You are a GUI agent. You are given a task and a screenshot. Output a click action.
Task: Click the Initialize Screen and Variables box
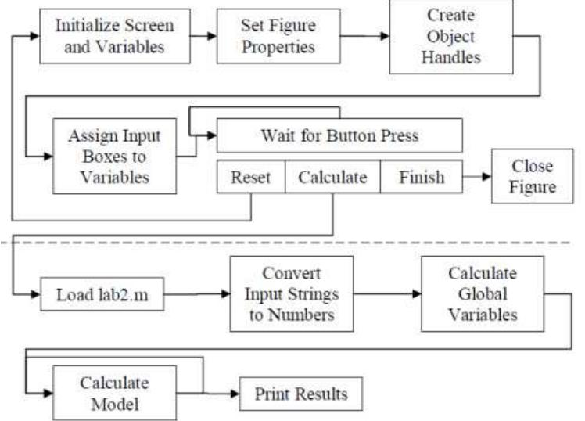[113, 35]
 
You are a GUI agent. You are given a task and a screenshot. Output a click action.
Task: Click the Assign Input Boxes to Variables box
[113, 155]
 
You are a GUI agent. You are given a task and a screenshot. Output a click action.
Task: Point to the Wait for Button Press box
[339, 136]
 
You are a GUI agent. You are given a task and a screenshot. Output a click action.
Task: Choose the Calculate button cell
[332, 177]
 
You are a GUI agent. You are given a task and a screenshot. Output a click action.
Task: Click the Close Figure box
[532, 177]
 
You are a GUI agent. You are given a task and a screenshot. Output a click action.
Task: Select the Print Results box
[301, 394]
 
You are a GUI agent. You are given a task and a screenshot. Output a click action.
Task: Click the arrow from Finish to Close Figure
[476, 178]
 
